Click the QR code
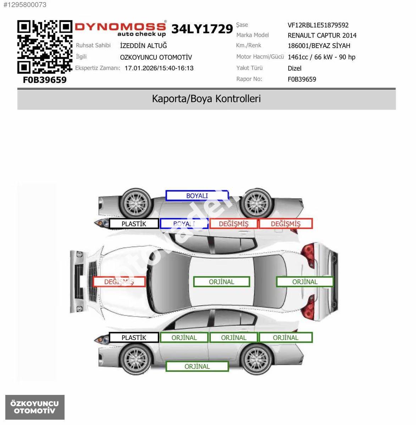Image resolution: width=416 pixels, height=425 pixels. (45, 47)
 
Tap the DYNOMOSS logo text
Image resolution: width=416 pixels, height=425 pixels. (120, 27)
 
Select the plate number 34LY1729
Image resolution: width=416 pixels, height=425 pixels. (202, 29)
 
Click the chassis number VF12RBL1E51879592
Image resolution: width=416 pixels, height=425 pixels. (318, 25)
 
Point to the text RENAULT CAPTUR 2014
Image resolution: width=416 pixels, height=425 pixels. (322, 35)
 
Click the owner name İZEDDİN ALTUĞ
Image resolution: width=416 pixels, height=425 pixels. (144, 46)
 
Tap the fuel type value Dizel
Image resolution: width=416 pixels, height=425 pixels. (294, 68)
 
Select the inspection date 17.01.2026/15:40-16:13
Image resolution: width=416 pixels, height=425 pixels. (159, 68)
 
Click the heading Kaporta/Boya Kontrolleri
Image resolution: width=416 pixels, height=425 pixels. (206, 98)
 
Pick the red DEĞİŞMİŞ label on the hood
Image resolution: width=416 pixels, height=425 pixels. (119, 282)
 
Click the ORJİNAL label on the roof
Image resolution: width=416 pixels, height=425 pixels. (222, 282)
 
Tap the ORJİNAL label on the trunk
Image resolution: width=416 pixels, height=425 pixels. (305, 282)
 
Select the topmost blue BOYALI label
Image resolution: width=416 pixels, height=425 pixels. (197, 195)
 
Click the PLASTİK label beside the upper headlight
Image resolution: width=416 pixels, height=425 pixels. (134, 223)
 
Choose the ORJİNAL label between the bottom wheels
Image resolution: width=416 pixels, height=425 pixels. (197, 366)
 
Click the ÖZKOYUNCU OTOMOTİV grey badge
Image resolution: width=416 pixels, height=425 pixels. (35, 407)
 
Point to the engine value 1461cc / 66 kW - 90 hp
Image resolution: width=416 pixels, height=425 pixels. (322, 57)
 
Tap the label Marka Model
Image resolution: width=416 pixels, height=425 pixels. (253, 35)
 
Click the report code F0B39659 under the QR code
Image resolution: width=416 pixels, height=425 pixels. (45, 80)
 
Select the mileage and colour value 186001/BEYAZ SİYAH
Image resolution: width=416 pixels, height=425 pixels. (319, 46)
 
